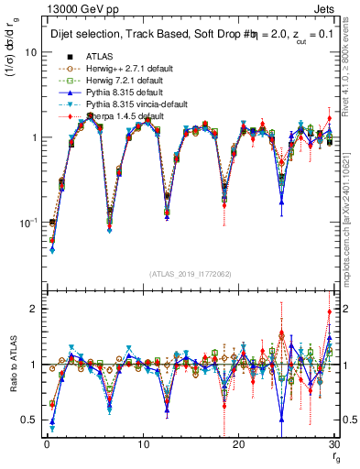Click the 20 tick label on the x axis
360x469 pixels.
coord(238,444)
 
